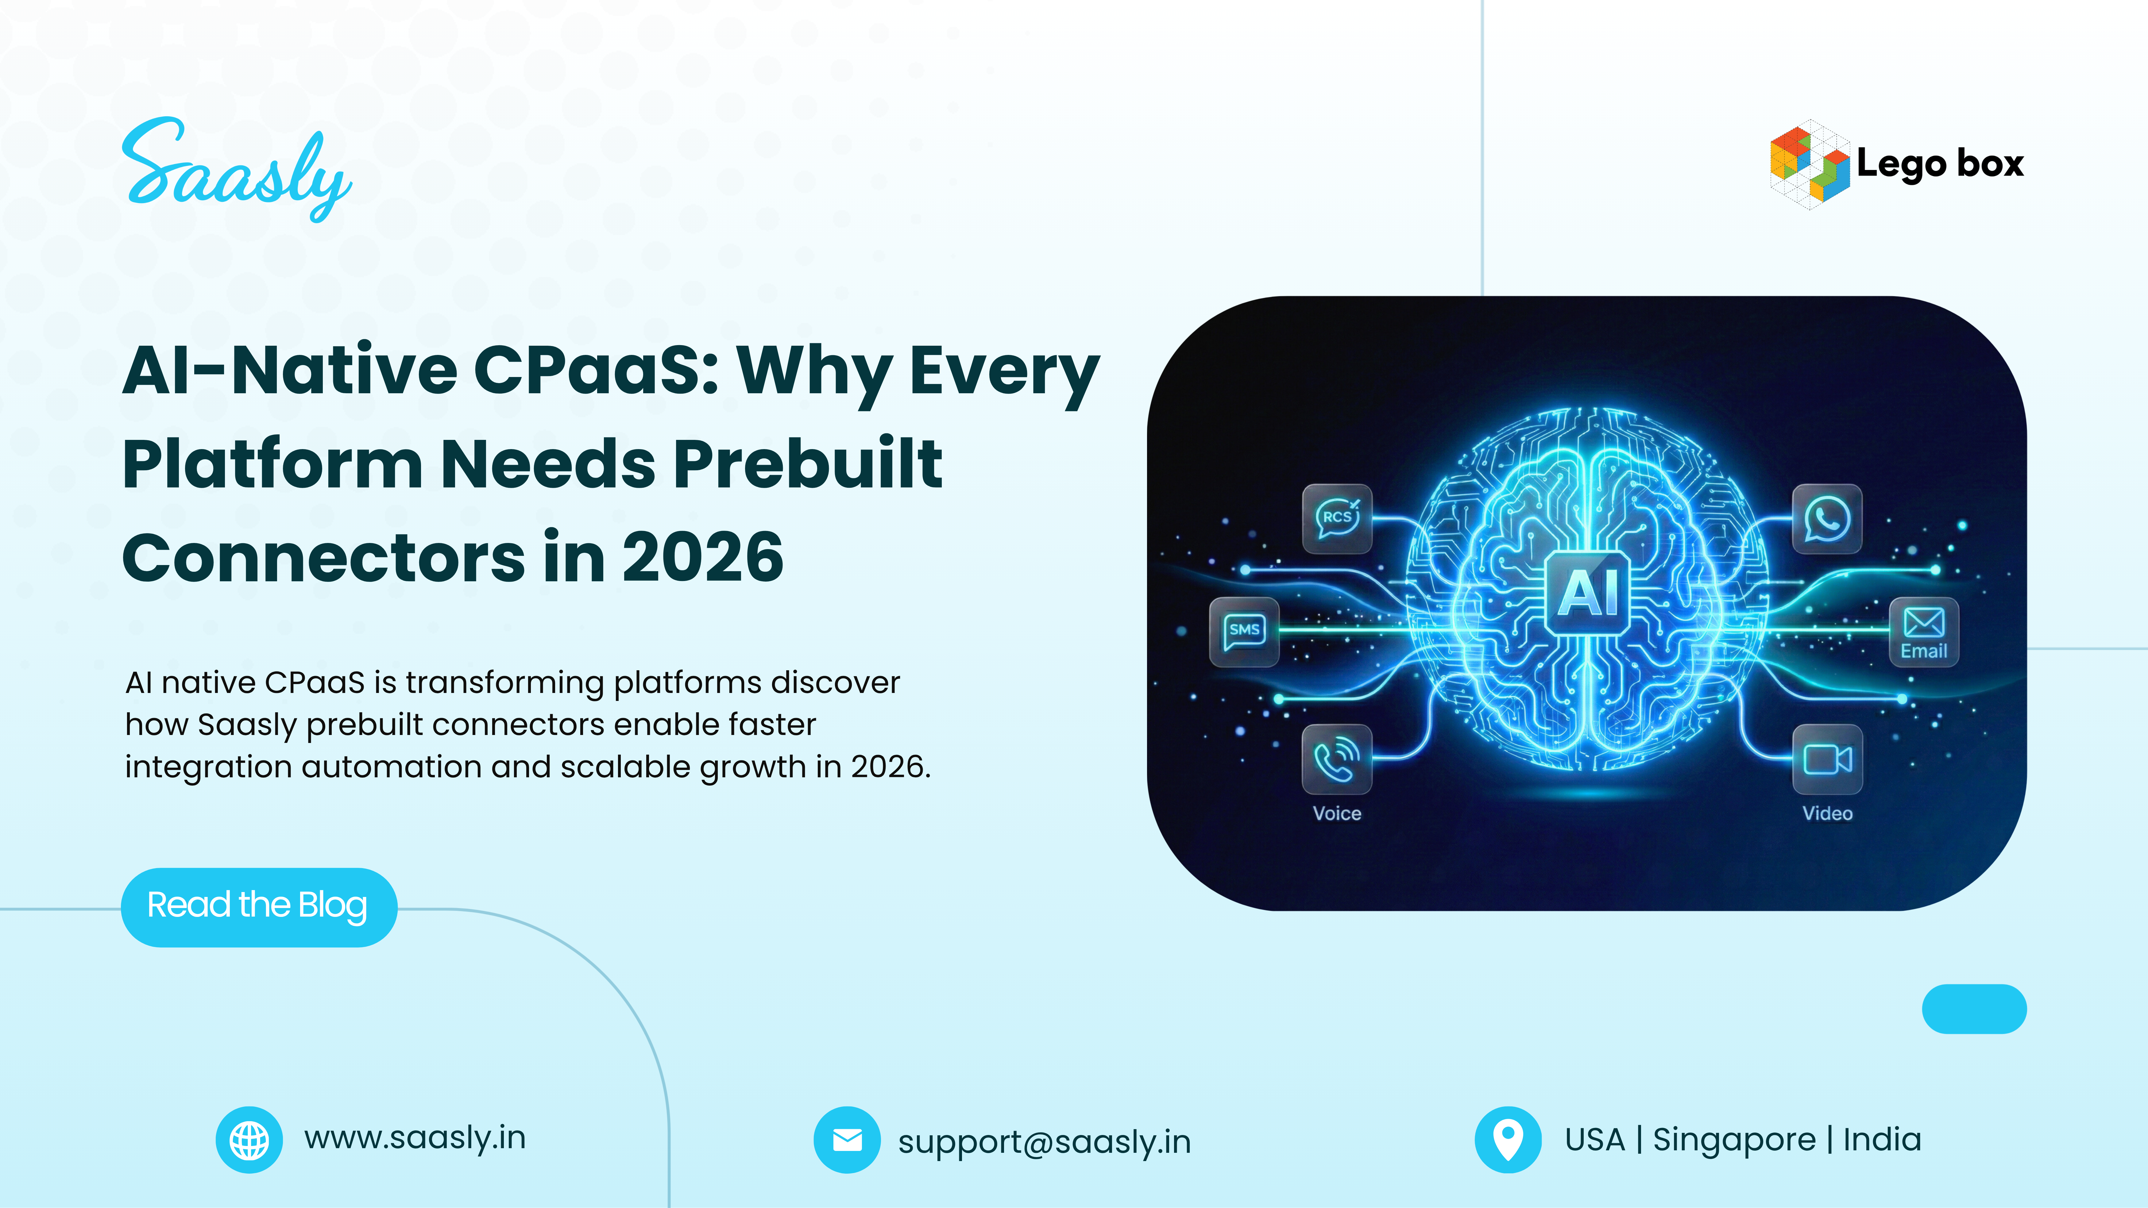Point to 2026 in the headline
click(702, 557)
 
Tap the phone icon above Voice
click(1337, 759)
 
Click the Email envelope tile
click(1924, 631)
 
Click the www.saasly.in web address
click(415, 1138)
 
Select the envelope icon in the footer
click(846, 1140)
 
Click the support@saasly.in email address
click(1044, 1141)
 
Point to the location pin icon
click(1508, 1140)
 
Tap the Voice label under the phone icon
click(1337, 814)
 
